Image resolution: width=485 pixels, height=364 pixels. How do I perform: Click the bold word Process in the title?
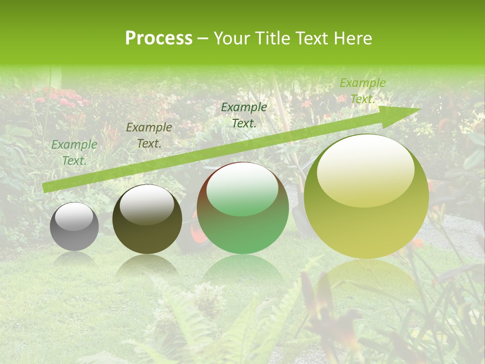[x=159, y=38]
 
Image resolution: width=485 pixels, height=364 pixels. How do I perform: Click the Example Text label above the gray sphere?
[x=74, y=153]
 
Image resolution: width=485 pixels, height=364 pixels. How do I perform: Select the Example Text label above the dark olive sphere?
[x=149, y=135]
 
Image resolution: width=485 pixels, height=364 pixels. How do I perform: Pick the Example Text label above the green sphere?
[x=244, y=115]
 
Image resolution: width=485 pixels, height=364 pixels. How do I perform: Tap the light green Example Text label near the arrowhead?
[x=363, y=91]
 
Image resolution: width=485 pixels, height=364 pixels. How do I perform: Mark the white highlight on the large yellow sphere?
[x=365, y=171]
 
